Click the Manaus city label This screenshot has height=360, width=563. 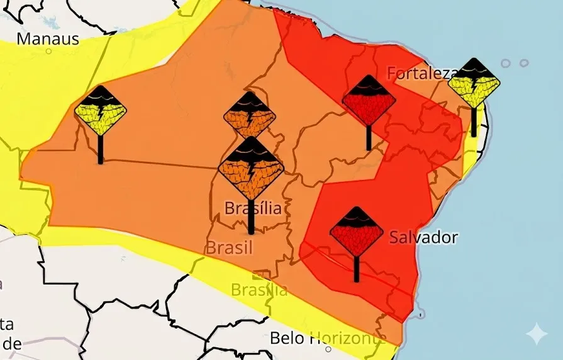click(48, 39)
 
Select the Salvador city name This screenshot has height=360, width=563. click(423, 238)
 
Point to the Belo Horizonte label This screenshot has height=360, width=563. click(327, 338)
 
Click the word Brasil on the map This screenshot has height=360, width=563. click(229, 247)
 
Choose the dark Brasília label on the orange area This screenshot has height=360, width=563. click(253, 208)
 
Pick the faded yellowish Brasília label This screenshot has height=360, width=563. click(259, 290)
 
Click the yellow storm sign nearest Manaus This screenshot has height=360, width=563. click(101, 111)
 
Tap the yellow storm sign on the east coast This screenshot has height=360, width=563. click(474, 82)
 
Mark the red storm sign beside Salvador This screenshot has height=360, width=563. click(357, 232)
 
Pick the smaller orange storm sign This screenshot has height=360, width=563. click(250, 116)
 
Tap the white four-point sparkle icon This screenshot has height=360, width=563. click(537, 334)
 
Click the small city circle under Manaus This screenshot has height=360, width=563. click(49, 52)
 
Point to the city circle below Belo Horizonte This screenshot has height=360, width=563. click(328, 349)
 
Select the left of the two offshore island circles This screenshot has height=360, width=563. click(506, 64)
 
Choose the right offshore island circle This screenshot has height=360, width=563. click(524, 64)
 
